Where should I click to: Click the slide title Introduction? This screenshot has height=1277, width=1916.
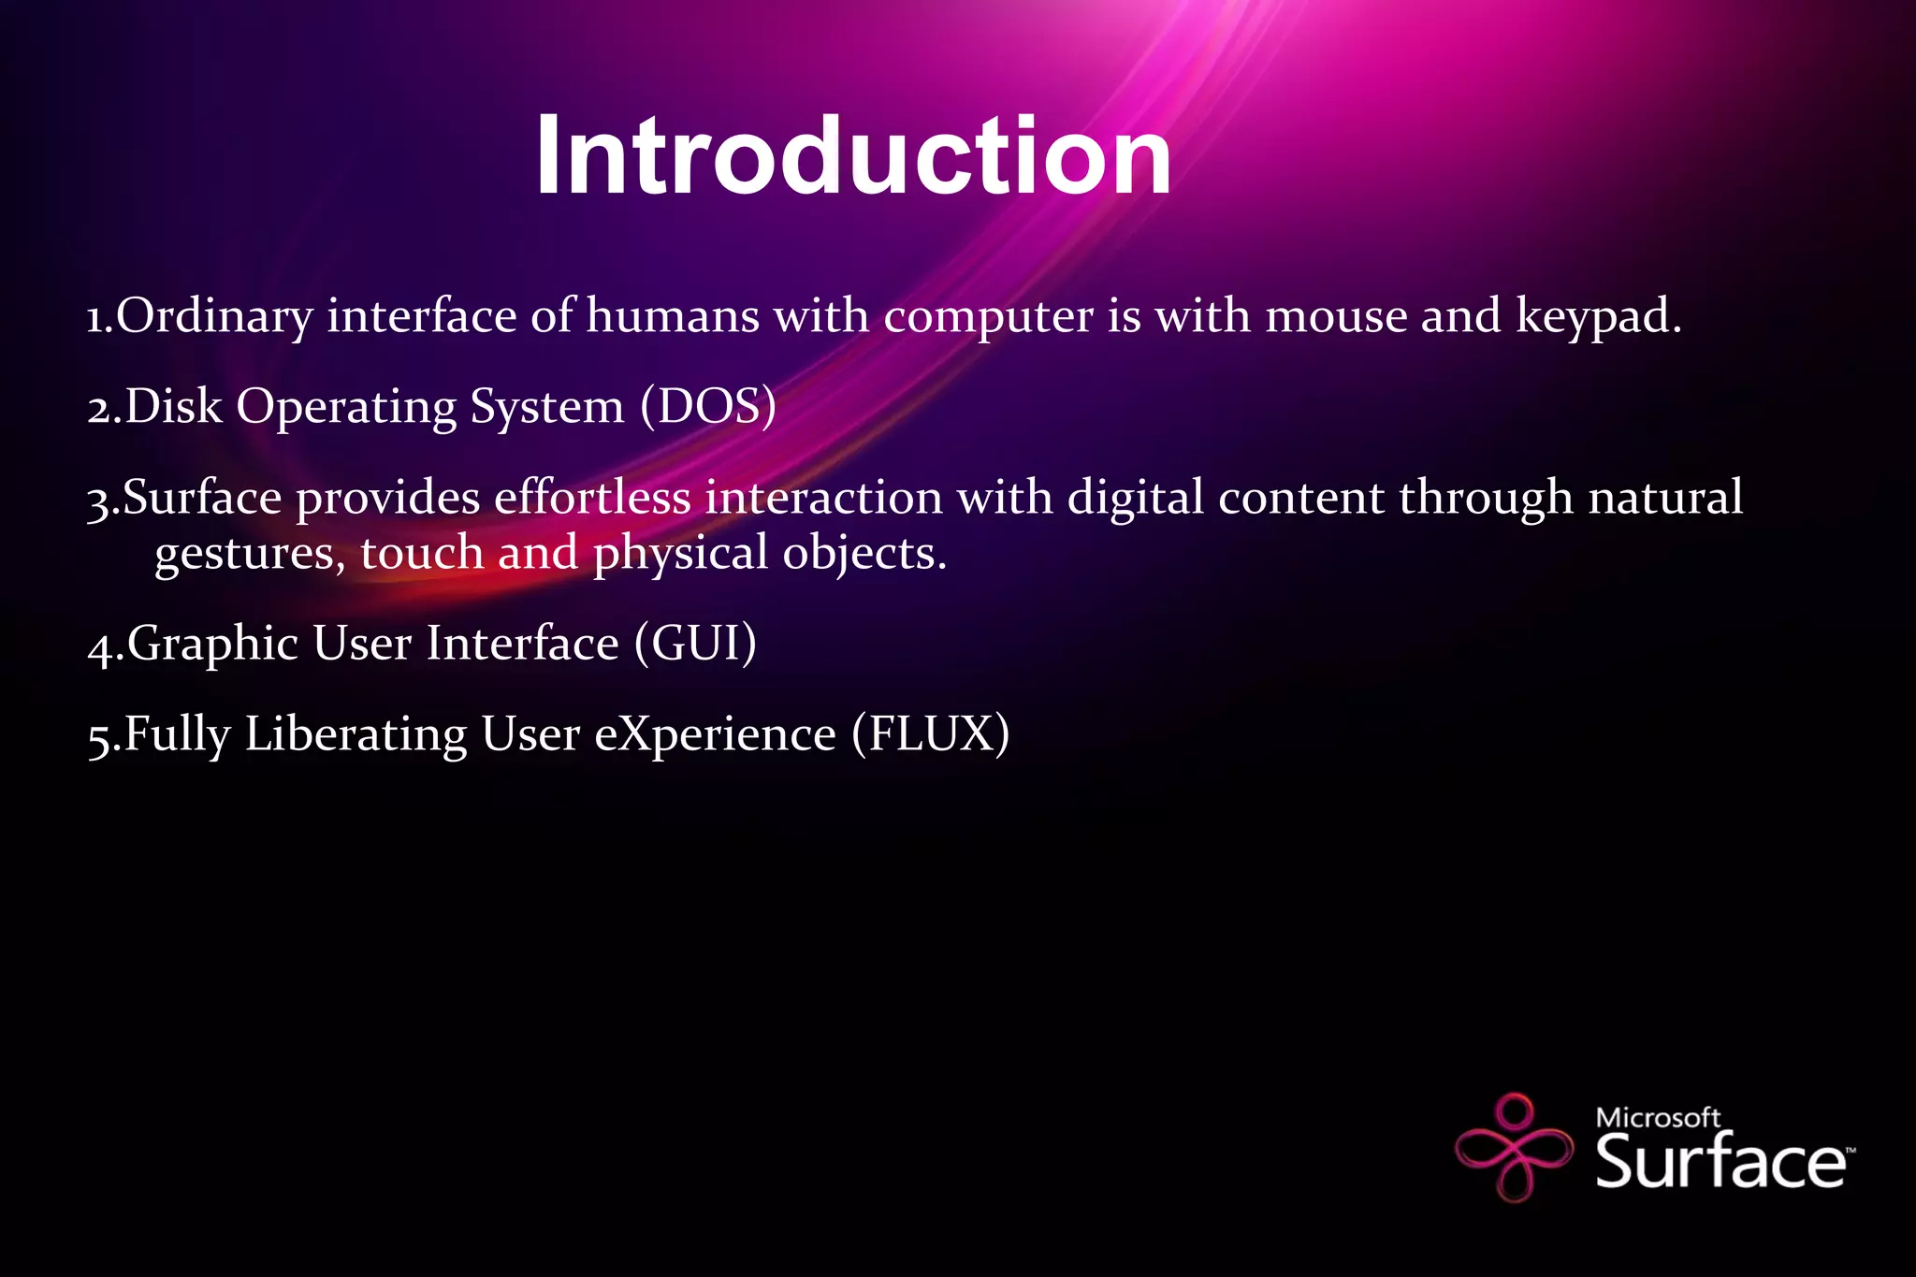(x=852, y=155)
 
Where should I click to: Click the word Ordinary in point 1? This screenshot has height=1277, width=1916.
(x=214, y=316)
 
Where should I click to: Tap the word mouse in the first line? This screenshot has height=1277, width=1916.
(x=1336, y=316)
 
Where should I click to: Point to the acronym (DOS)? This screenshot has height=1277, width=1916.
(x=708, y=407)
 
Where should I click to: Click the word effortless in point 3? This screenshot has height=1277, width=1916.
(x=591, y=497)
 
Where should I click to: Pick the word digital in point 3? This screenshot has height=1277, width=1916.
(x=1135, y=497)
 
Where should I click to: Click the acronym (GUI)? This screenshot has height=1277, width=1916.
(x=695, y=644)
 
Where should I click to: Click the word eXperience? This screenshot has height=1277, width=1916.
(x=715, y=734)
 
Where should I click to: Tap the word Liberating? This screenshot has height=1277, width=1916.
(x=356, y=734)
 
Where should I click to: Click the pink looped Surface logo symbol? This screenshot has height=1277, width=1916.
(x=1514, y=1146)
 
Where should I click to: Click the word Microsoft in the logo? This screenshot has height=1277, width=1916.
(x=1657, y=1117)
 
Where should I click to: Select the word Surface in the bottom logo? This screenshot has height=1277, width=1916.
(x=1720, y=1161)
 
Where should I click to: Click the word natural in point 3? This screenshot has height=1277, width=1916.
(x=1665, y=497)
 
